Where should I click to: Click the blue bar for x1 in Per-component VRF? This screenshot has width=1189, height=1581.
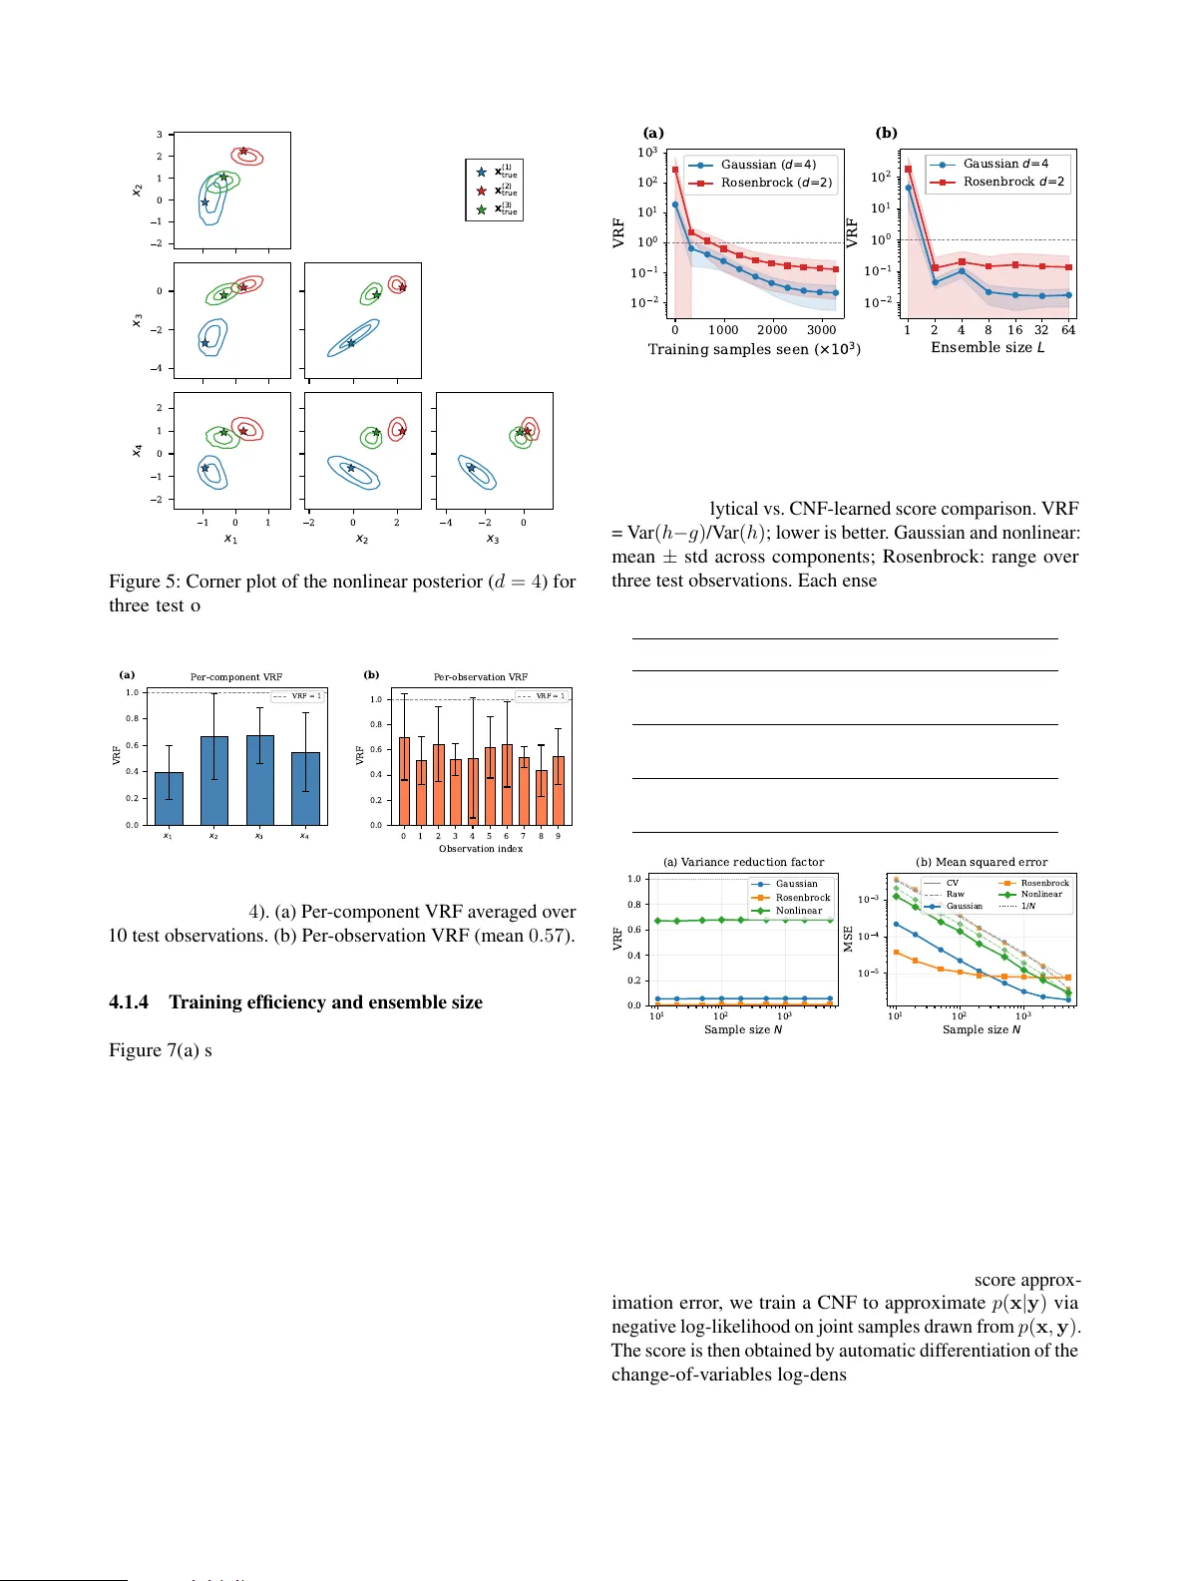169,798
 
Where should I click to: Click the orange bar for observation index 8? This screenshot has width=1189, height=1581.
541,797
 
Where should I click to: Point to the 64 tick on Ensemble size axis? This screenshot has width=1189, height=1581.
1068,330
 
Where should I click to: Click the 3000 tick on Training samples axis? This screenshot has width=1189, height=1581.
821,330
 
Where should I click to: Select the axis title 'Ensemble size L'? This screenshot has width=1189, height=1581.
988,347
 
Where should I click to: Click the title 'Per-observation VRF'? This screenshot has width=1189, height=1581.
480,676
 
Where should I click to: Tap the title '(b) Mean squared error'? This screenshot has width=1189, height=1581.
982,862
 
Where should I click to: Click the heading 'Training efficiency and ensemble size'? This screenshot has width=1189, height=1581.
325,1002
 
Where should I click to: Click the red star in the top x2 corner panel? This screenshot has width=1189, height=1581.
243,152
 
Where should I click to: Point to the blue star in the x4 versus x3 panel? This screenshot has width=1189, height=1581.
471,468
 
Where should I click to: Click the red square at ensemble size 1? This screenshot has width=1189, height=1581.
908,170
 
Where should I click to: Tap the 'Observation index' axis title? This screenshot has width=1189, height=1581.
480,849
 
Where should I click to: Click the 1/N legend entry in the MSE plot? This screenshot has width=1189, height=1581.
1027,906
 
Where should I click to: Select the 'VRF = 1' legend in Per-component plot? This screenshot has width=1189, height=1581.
298,696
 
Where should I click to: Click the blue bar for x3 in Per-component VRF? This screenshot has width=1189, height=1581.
259,779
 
